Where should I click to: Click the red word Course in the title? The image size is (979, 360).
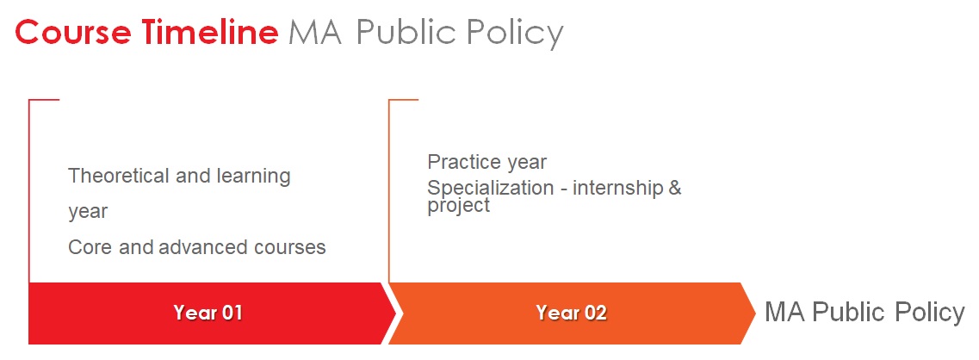coord(73,32)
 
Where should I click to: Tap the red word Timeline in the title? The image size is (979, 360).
coord(210,32)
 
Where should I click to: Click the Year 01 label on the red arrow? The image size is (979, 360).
coord(208,313)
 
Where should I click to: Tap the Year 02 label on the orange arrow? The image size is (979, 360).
coord(571,313)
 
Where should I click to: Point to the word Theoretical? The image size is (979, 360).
coord(119,176)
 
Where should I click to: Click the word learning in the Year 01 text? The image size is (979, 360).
coord(253,177)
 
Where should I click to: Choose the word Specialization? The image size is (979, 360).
coord(491,189)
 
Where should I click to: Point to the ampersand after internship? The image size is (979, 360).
coord(675,188)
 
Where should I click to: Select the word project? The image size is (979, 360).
coord(458,206)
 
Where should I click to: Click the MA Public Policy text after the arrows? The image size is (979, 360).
coord(864,312)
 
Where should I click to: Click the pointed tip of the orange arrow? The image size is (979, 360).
coord(756,313)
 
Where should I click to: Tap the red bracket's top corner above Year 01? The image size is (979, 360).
coord(29,99)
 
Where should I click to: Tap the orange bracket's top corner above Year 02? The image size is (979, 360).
coord(389,99)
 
